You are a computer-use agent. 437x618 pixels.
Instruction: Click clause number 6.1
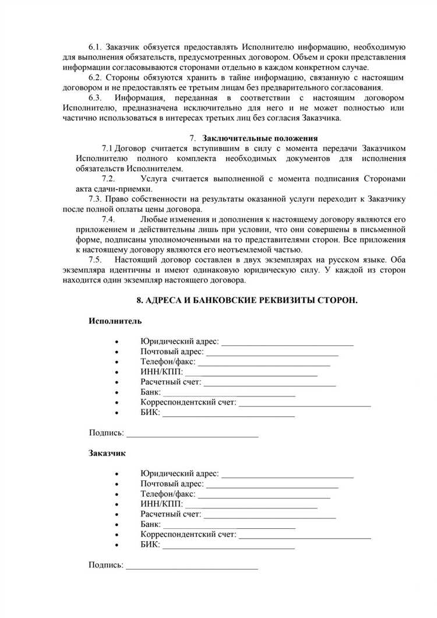click(x=96, y=46)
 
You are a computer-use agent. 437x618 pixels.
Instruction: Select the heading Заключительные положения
click(x=260, y=138)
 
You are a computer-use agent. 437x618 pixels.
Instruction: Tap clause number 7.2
click(x=108, y=179)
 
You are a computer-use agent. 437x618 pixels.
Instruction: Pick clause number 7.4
click(x=108, y=219)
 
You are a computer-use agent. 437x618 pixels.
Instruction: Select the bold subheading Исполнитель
click(x=115, y=321)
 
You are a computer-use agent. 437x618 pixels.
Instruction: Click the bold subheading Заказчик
click(x=107, y=452)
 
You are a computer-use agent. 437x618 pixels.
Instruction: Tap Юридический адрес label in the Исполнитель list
click(x=179, y=342)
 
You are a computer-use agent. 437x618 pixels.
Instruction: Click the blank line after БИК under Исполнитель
click(x=228, y=415)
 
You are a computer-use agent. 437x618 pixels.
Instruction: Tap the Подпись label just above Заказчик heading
click(x=106, y=433)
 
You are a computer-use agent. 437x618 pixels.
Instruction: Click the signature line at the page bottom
click(x=192, y=567)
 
